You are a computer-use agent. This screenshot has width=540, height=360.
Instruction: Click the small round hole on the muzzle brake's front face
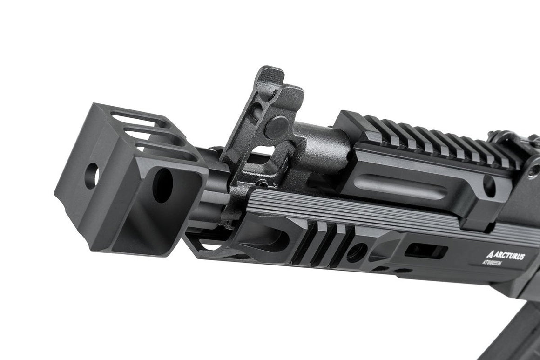pyautogui.click(x=92, y=176)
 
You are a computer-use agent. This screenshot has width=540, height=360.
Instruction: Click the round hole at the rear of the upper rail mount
pyautogui.click(x=489, y=184)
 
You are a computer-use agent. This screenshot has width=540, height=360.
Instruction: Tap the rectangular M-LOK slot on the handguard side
pyautogui.click(x=426, y=251)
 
